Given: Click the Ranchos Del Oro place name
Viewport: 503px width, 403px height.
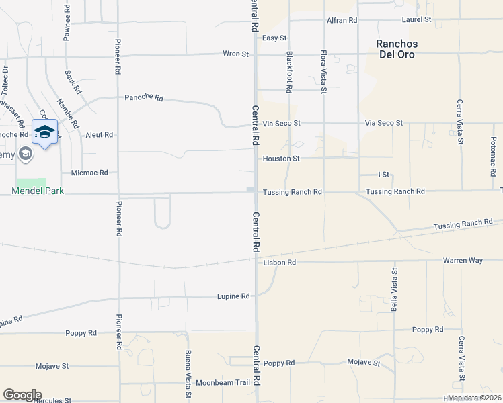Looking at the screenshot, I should tap(396, 49).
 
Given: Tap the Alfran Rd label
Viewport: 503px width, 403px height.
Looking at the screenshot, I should tap(342, 20).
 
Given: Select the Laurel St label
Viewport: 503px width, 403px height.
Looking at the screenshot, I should tap(416, 20).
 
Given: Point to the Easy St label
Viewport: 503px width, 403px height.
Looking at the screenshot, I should tap(274, 38).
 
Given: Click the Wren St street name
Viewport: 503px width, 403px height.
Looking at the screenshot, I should tap(235, 54).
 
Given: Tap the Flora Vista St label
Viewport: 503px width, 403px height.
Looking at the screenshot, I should tap(323, 71).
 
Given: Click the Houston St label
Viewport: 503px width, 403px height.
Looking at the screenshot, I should tap(280, 159).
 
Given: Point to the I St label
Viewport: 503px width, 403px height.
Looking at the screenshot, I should tap(384, 175).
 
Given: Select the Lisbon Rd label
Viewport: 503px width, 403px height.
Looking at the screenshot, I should tap(279, 263).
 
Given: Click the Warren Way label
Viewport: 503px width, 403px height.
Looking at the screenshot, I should tap(463, 260).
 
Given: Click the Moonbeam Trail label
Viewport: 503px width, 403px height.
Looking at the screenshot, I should tap(223, 383).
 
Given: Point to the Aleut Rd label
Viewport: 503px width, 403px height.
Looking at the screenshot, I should tap(99, 135).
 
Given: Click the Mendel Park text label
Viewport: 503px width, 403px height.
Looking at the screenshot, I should tap(38, 191).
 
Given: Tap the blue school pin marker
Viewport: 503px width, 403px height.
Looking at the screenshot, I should tap(44, 132).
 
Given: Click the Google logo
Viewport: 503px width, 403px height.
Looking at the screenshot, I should tap(22, 395).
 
